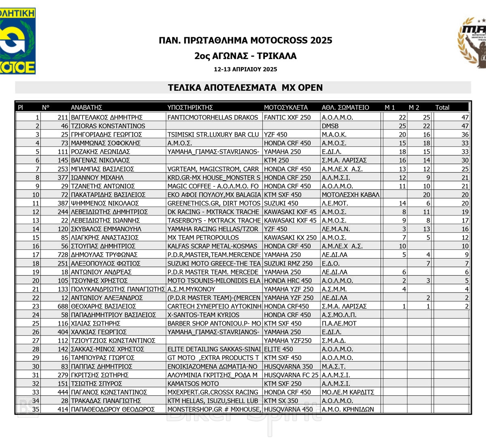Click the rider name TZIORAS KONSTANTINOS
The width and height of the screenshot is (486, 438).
pyautogui.click(x=108, y=126)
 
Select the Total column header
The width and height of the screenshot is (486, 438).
pyautogui.click(x=442, y=107)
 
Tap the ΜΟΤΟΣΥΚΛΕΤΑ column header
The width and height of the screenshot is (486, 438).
pyautogui.click(x=286, y=107)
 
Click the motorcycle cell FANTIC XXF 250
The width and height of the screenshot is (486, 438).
pyautogui.click(x=287, y=117)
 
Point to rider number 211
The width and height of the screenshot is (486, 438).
pyautogui.click(x=63, y=117)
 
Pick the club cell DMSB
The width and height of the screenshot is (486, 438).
pyautogui.click(x=330, y=126)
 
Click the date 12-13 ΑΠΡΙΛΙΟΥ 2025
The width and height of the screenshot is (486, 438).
pyautogui.click(x=245, y=69)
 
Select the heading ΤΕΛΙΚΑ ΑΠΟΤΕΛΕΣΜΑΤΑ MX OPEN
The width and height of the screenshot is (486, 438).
pyautogui.click(x=245, y=87)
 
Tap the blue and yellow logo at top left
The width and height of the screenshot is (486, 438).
pyautogui.click(x=17, y=40)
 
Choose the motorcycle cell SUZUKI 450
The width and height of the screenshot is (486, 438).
pyautogui.click(x=281, y=203)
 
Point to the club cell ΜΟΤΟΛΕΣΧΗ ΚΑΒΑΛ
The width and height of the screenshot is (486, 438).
pyautogui.click(x=350, y=195)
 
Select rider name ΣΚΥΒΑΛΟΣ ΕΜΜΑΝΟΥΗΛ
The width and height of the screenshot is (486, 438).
pyautogui.click(x=106, y=229)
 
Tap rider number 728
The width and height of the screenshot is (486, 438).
pyautogui.click(x=63, y=255)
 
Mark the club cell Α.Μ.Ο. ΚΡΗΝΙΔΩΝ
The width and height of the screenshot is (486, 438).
pyautogui.click(x=348, y=409)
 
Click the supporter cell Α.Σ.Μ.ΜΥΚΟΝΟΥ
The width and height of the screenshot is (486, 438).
pyautogui.click(x=191, y=289)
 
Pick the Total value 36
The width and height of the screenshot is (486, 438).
pyautogui.click(x=465, y=135)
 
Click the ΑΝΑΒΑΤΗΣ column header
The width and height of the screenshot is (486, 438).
pyautogui.click(x=86, y=107)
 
